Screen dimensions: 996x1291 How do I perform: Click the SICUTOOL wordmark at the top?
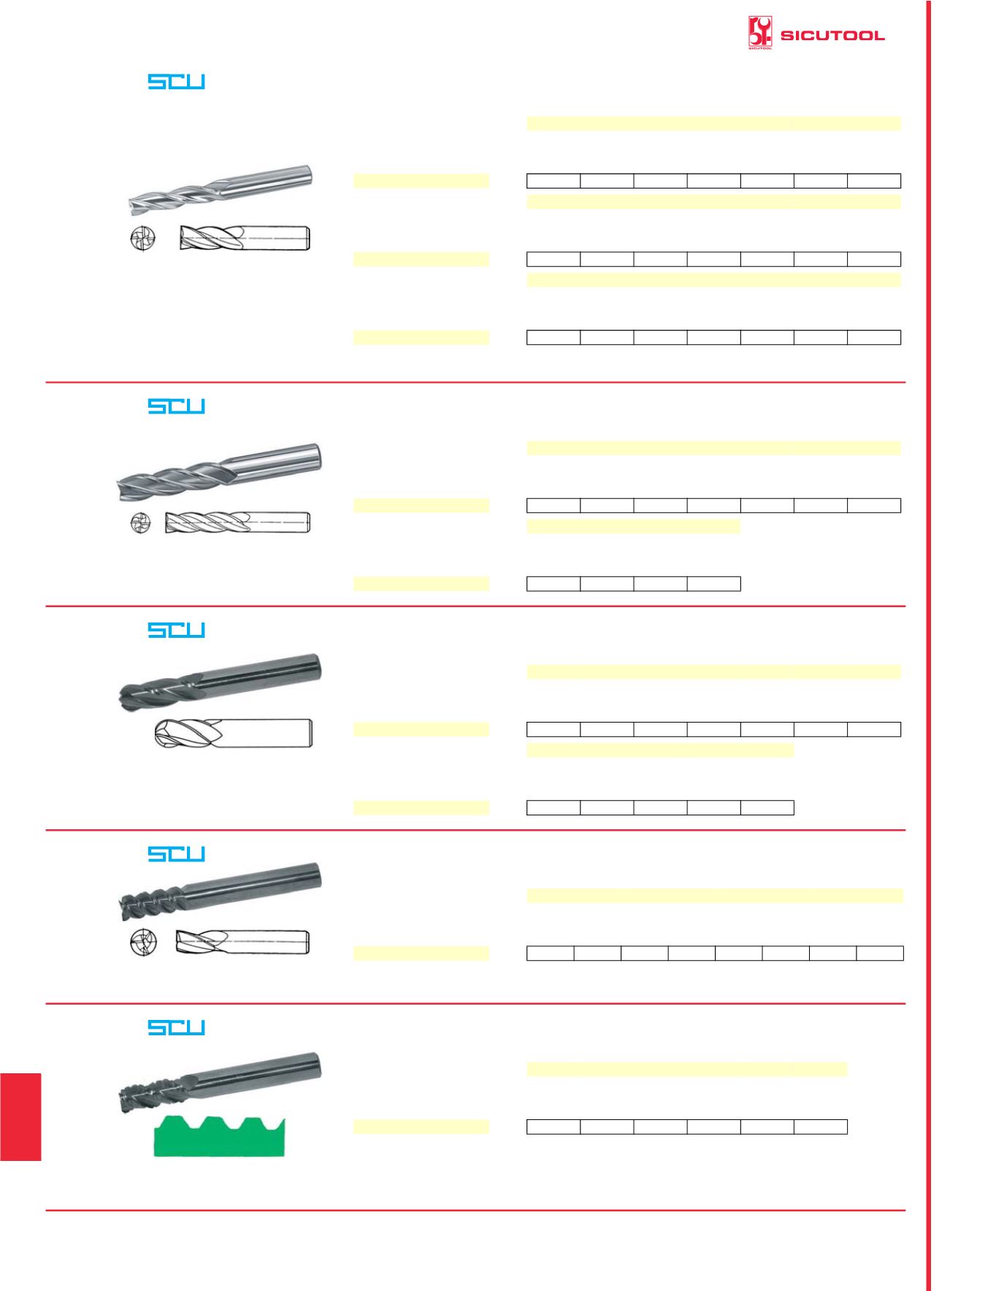[x=832, y=36]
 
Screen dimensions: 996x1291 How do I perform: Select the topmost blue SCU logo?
[x=177, y=82]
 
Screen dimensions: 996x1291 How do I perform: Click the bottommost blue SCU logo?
[x=177, y=1027]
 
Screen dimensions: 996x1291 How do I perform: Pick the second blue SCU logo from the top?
[x=177, y=406]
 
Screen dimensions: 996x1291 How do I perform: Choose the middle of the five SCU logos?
[x=177, y=630]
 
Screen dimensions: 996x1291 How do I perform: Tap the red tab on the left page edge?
[x=20, y=1117]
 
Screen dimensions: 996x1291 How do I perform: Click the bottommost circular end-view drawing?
[x=141, y=942]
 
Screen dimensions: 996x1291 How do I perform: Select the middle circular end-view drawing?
[x=140, y=523]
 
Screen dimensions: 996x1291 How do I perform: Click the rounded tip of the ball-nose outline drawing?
[x=156, y=733]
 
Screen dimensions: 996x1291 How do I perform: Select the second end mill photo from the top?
[x=220, y=472]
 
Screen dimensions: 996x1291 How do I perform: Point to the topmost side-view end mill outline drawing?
[x=246, y=238]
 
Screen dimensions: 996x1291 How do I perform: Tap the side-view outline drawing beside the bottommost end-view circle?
[x=243, y=942]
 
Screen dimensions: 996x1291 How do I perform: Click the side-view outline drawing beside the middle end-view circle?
[x=238, y=522]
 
